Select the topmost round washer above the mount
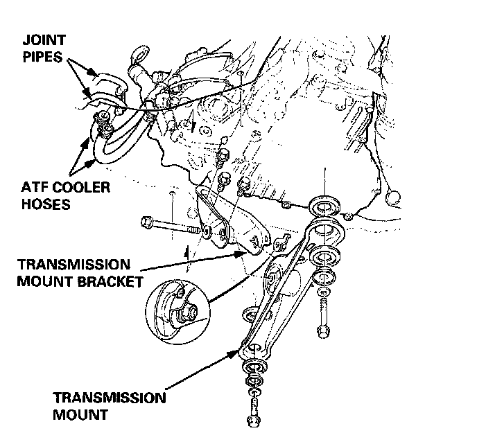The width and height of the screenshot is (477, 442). coord(323,204)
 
